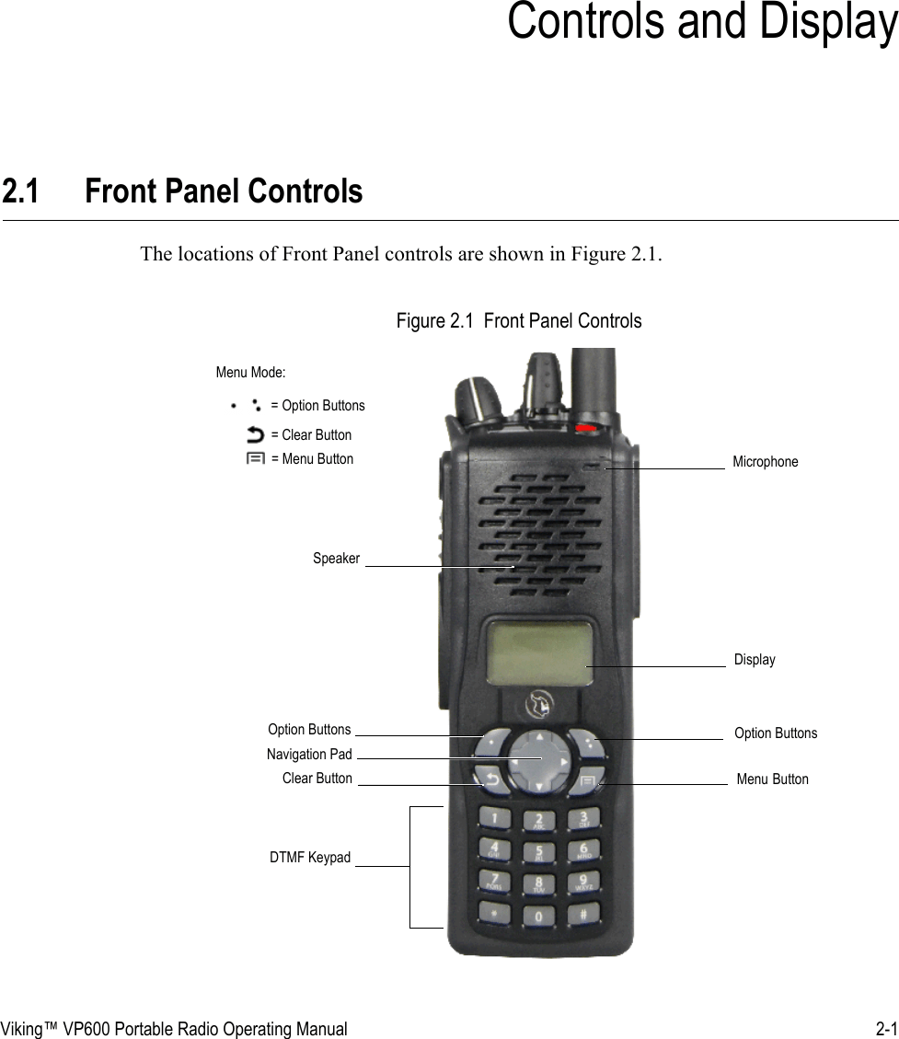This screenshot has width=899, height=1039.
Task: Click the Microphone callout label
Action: click(765, 461)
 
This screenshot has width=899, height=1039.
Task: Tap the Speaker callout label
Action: click(336, 559)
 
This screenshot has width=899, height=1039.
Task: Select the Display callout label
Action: click(755, 660)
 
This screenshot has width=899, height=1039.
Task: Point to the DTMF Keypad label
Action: click(310, 858)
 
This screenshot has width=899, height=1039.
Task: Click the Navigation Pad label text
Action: click(309, 755)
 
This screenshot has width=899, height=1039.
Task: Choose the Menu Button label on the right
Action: click(772, 779)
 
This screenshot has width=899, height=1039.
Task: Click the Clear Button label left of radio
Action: click(317, 779)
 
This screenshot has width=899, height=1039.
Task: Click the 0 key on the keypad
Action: click(540, 917)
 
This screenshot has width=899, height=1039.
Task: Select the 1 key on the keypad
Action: click(497, 817)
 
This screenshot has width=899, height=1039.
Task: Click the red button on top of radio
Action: click(586, 429)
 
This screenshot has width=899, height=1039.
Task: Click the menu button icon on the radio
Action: click(588, 779)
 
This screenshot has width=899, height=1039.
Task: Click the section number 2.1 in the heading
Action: click(20, 192)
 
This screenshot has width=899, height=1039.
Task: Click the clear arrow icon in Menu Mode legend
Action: click(255, 434)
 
